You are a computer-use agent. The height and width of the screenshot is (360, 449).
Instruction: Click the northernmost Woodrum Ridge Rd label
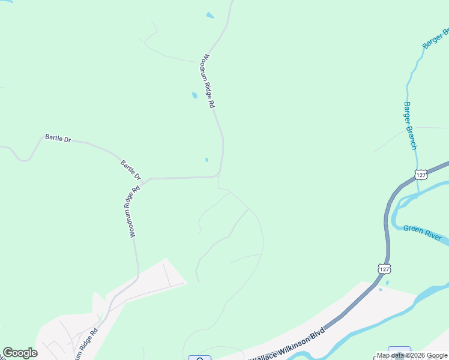208,82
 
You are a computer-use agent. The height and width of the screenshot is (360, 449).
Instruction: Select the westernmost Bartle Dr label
58,139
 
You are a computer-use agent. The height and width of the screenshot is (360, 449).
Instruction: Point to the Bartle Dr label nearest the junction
130,170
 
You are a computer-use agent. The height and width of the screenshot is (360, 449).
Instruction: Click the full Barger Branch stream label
410,125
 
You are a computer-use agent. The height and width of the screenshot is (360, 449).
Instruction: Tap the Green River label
422,232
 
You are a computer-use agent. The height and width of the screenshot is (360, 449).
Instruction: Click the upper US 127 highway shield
421,175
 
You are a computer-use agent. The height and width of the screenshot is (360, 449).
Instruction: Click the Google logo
20,353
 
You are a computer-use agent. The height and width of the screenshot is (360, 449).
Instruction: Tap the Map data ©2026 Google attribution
412,356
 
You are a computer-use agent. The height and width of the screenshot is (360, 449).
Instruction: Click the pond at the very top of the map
209,15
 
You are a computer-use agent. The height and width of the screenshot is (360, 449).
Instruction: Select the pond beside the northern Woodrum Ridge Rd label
194,95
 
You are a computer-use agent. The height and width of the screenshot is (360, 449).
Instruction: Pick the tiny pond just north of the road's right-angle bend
206,160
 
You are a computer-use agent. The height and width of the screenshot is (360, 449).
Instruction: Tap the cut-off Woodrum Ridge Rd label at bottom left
84,346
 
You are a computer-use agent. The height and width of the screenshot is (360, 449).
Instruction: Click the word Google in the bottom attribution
436,356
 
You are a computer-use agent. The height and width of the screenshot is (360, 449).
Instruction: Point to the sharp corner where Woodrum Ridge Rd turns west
220,175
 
